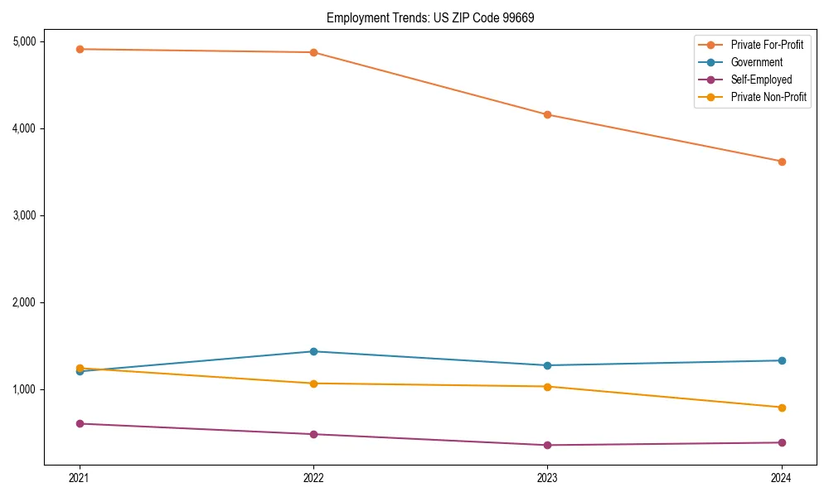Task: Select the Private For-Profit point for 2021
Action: click(x=80, y=49)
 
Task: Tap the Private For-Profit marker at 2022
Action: click(x=313, y=52)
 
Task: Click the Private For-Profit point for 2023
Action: click(x=547, y=114)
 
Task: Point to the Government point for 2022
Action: click(x=313, y=351)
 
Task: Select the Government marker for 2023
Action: click(x=547, y=365)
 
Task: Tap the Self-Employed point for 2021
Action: click(x=80, y=423)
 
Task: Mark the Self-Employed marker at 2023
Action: click(x=547, y=445)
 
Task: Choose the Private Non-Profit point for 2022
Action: click(x=313, y=384)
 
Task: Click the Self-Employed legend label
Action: click(x=761, y=80)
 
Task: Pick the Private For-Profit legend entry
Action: click(x=767, y=45)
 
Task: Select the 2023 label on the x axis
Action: click(x=547, y=477)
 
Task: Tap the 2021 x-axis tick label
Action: click(x=80, y=477)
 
